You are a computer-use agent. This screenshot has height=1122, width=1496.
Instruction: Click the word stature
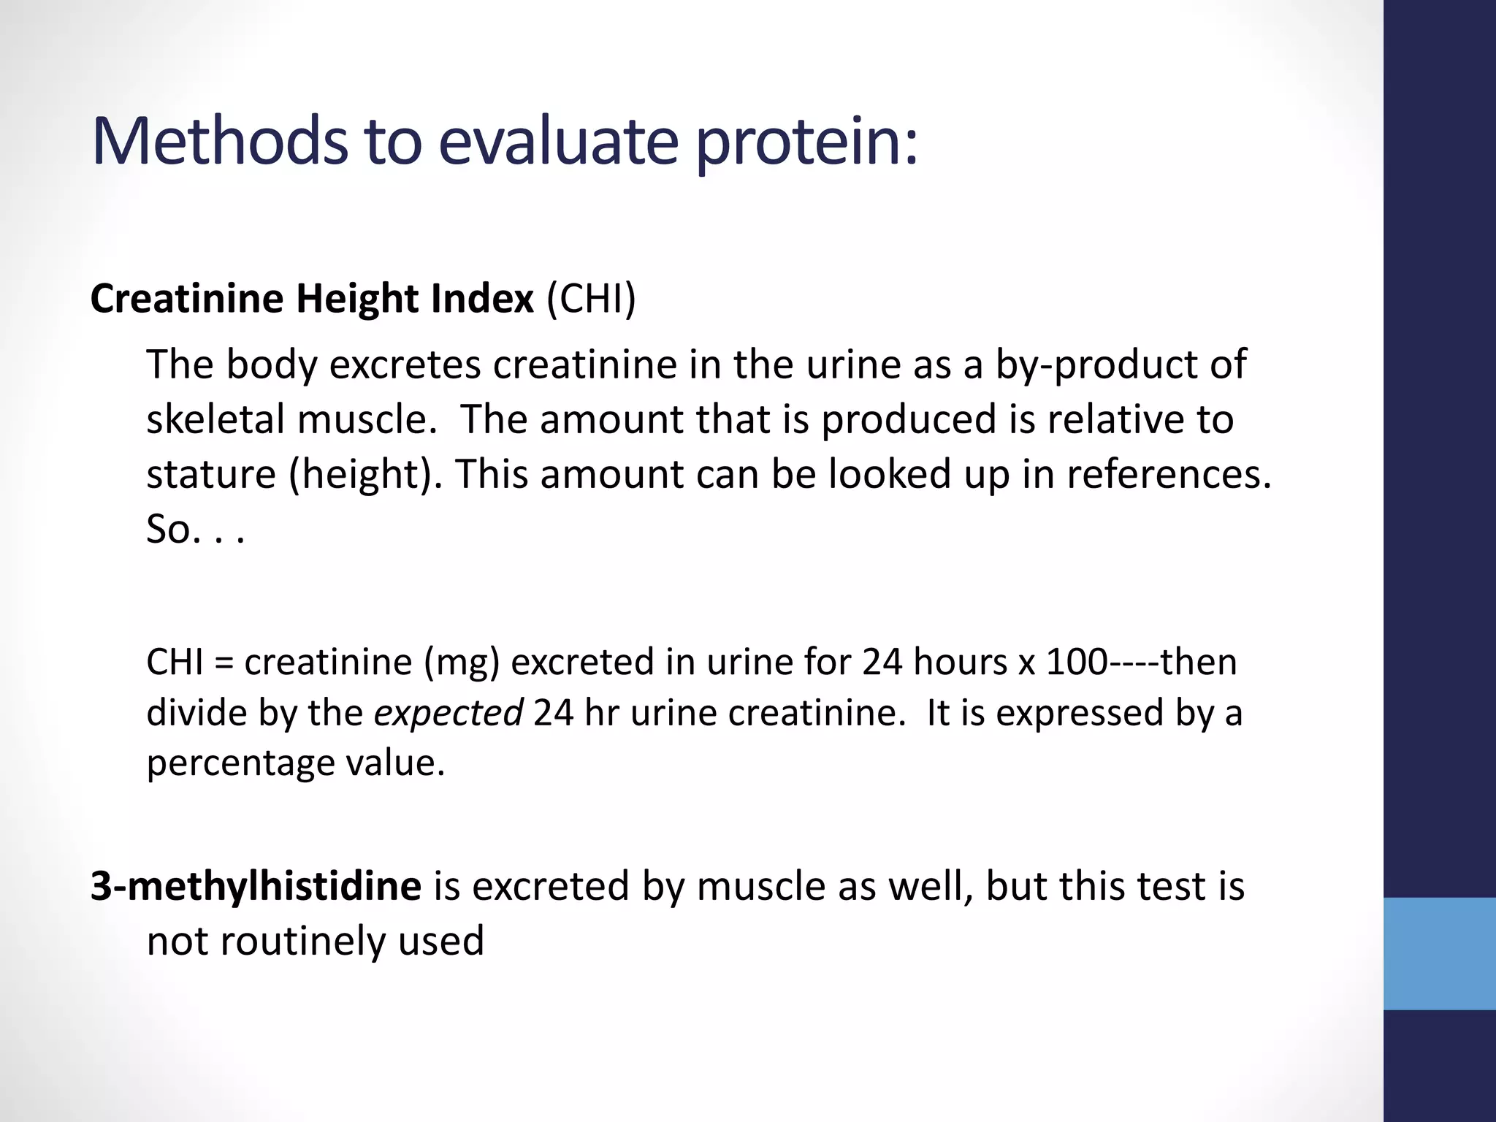[x=211, y=475]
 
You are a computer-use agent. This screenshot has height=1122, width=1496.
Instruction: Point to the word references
[x=1169, y=475]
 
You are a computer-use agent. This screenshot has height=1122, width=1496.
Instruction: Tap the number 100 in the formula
[x=1077, y=662]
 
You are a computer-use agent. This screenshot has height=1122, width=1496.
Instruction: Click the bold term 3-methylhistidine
[x=256, y=887]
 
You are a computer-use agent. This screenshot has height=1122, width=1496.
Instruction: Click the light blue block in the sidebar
[x=1439, y=953]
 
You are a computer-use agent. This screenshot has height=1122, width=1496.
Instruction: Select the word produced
[x=909, y=421]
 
